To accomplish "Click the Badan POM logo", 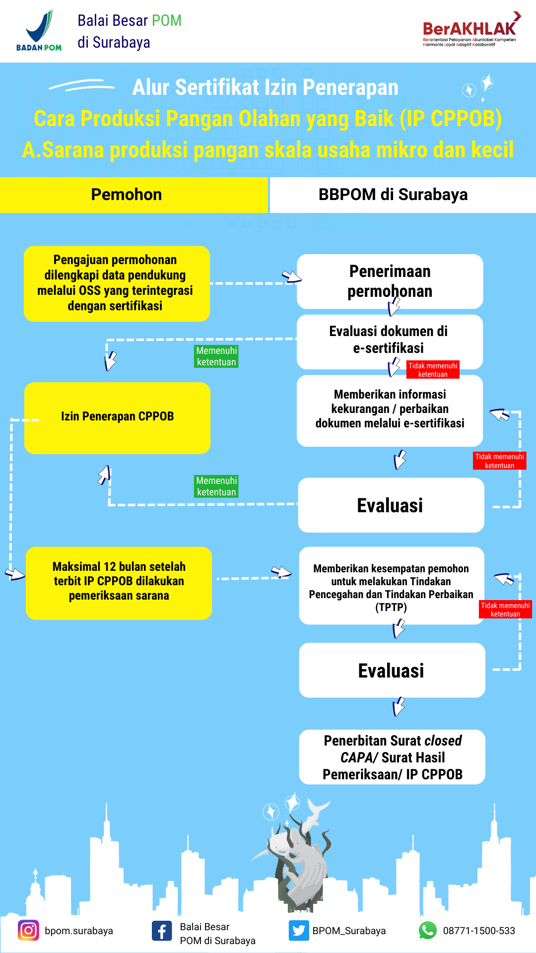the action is [x=39, y=31].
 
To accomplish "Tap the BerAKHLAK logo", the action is [x=469, y=30].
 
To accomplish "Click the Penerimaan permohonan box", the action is [x=390, y=281].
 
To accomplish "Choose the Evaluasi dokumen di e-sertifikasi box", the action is [x=390, y=342].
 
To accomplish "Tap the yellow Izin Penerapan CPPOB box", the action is [x=117, y=418].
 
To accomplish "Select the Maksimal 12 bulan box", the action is [x=119, y=583].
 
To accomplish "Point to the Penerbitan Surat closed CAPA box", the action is [x=392, y=757].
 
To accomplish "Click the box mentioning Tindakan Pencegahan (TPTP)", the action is [x=392, y=586].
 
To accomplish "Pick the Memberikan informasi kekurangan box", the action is [x=390, y=411].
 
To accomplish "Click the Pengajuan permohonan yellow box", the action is [x=117, y=283].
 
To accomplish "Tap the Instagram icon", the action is [x=28, y=930].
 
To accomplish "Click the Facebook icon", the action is [x=162, y=931].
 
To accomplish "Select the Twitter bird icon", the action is [x=299, y=930].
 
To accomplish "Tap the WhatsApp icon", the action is [x=428, y=930].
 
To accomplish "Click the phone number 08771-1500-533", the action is [x=479, y=931].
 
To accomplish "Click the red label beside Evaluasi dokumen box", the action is [x=433, y=370].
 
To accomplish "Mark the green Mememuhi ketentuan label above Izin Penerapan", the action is [x=216, y=356].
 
